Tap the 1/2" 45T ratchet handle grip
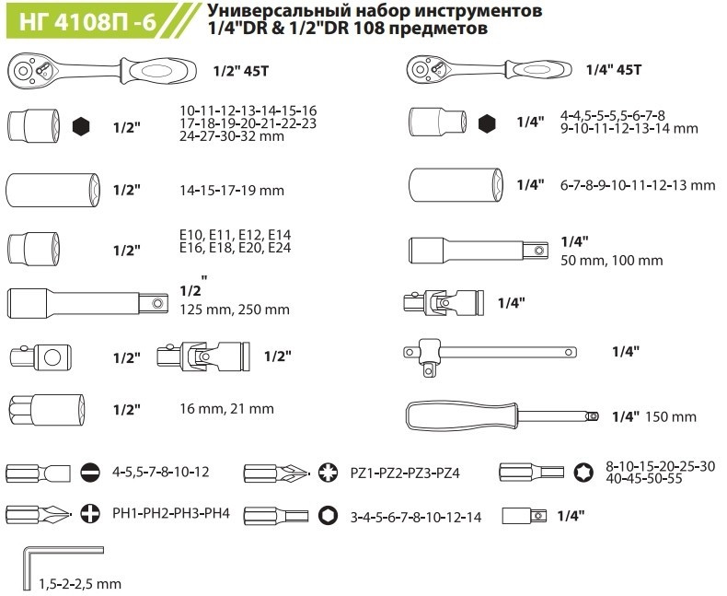tap(157, 72)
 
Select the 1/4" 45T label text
tap(614, 70)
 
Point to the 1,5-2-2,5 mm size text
tap(80, 584)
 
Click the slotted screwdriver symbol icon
tap(90, 473)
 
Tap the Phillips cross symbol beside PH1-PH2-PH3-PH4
tap(90, 513)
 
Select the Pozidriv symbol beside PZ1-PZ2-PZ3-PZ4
tap(329, 473)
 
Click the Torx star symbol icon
tap(583, 472)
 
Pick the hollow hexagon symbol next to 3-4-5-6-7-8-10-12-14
tap(329, 515)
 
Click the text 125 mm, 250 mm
tap(235, 310)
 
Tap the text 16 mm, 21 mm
tap(226, 409)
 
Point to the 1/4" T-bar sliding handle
tap(490, 353)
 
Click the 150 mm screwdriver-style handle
tap(502, 416)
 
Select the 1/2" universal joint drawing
tap(203, 356)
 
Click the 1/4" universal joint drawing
tap(444, 303)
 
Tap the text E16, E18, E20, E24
tap(235, 248)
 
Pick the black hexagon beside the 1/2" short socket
tap(82, 126)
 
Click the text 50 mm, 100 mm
tap(612, 261)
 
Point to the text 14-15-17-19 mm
tap(232, 191)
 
